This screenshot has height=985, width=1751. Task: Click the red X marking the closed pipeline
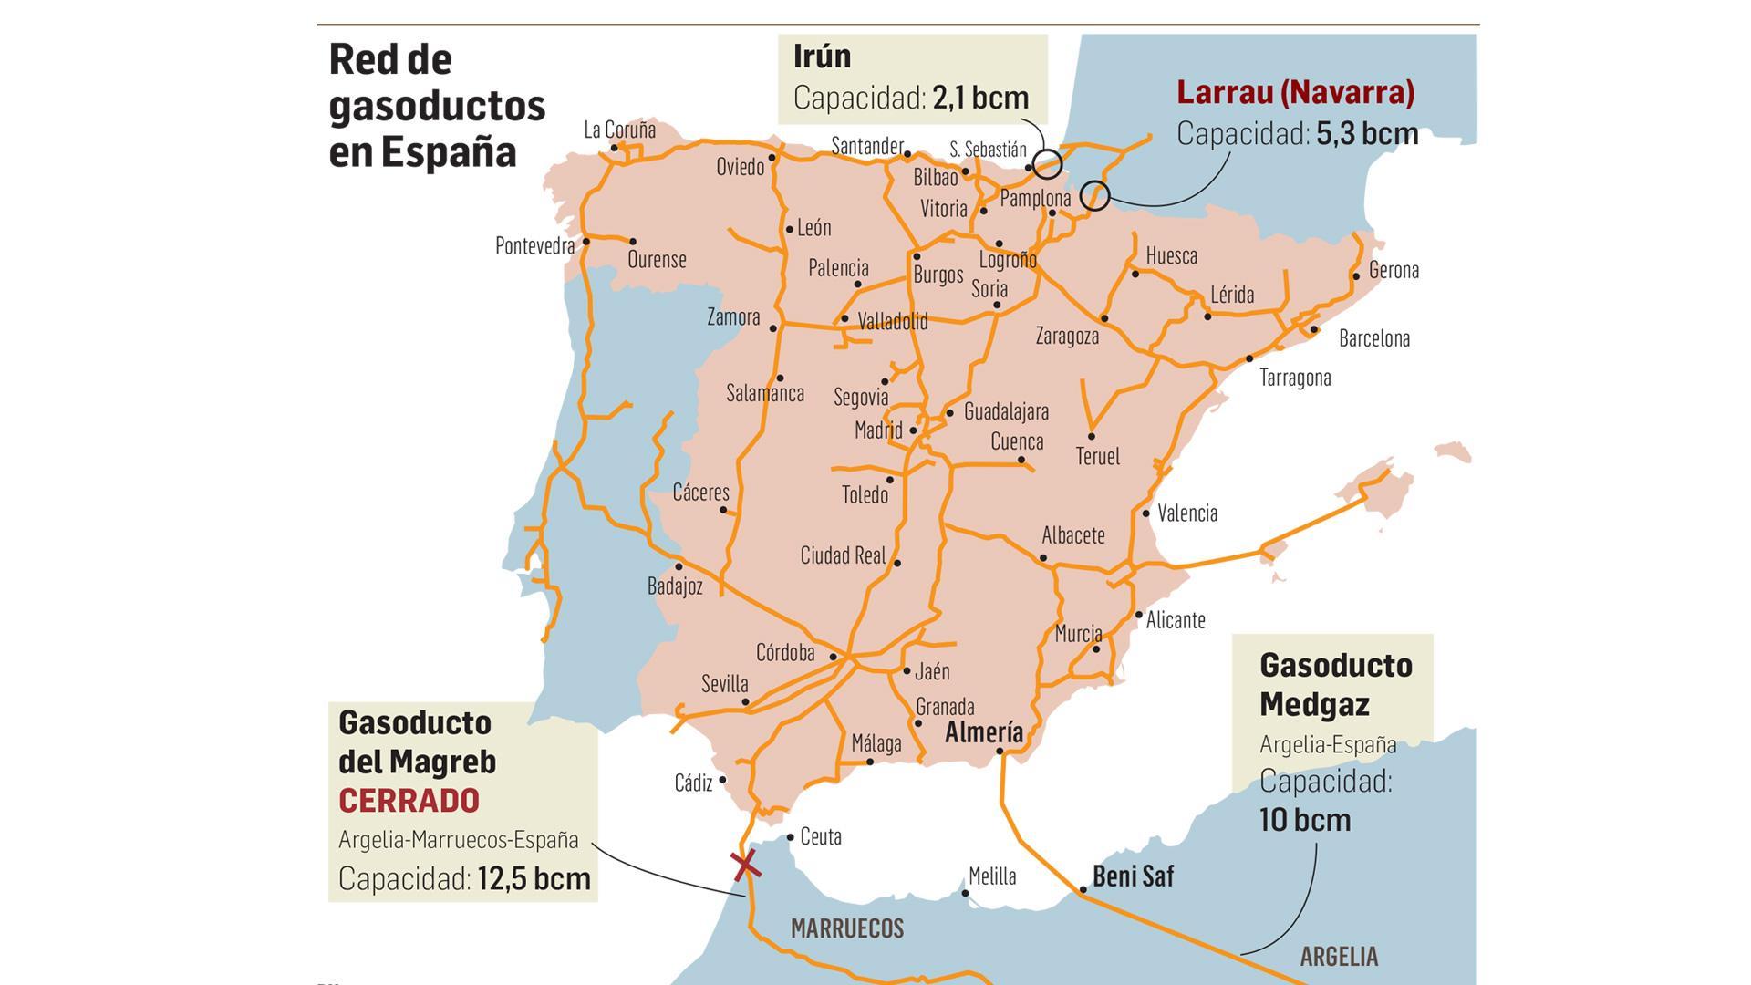[746, 864]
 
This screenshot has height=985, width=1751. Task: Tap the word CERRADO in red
[409, 801]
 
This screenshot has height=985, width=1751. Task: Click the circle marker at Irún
[1047, 164]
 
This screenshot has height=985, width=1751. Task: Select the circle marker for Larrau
[1094, 194]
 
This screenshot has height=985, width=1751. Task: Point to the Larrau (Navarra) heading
[1295, 92]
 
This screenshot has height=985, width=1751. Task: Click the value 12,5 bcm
[534, 878]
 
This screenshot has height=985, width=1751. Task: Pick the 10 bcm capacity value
[1305, 819]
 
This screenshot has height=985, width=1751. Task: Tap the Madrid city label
[878, 430]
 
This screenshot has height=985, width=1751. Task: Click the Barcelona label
[1373, 338]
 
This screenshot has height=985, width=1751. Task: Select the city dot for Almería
[1000, 752]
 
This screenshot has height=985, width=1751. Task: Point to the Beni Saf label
[1133, 876]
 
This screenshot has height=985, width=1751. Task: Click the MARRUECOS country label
[847, 928]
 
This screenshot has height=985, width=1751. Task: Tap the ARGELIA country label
[1339, 957]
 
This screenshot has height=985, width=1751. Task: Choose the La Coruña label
[619, 130]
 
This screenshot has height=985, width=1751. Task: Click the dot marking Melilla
[965, 893]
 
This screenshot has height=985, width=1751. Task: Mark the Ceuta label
[820, 836]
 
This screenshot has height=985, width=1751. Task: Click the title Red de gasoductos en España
[436, 106]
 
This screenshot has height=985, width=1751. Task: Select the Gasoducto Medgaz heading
[1335, 684]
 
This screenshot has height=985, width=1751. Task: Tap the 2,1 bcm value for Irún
[980, 98]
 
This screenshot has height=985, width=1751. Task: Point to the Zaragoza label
[1067, 336]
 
